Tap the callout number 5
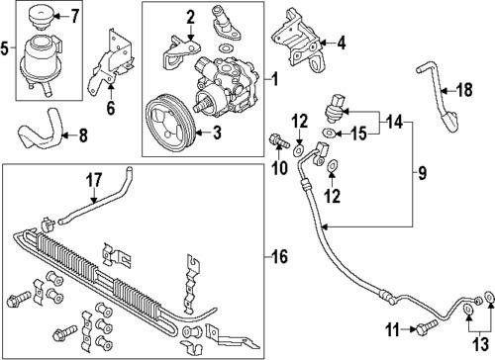[x=8, y=46]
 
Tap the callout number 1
[x=276, y=77]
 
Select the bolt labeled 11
[x=427, y=327]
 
